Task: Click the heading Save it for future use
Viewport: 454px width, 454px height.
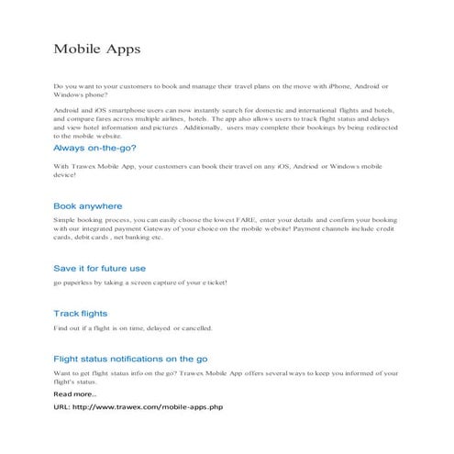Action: [x=99, y=268]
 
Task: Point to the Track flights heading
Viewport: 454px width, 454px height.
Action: [x=80, y=314]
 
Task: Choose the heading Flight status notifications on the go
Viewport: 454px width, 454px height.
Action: [x=130, y=359]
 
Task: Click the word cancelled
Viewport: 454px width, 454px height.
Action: [x=194, y=327]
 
